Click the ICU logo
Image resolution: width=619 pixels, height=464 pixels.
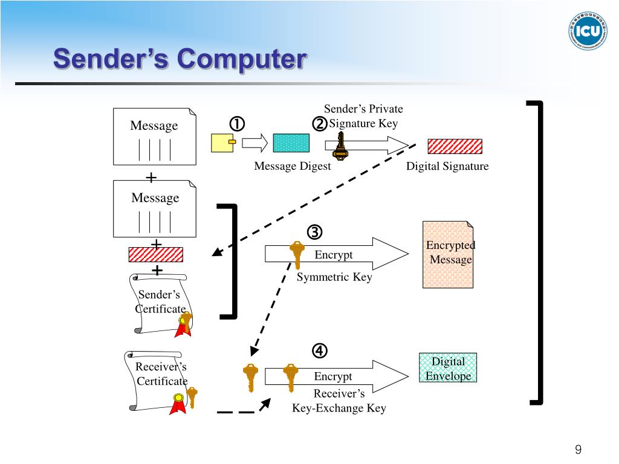pos(588,31)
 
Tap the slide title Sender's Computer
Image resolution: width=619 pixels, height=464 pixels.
pos(180,59)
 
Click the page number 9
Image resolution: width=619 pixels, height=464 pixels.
pos(578,449)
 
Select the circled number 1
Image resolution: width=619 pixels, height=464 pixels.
pos(237,124)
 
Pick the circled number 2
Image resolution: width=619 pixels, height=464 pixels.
pos(320,124)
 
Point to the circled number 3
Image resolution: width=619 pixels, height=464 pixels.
pos(314,232)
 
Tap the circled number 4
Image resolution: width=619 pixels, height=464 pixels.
pos(320,351)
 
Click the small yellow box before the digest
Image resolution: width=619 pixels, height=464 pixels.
pos(223,143)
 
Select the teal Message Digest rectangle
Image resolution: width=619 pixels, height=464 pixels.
pos(291,143)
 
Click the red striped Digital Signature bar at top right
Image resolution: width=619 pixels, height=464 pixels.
pos(455,146)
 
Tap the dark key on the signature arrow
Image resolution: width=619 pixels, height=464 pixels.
pos(340,146)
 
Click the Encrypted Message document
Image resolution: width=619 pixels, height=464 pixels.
pos(448,254)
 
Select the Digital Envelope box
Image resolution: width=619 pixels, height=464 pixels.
pos(448,368)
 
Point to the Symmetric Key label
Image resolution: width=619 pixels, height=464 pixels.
pos(334,277)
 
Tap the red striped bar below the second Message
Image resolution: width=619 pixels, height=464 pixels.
pos(156,254)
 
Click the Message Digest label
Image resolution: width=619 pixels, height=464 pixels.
pos(293,166)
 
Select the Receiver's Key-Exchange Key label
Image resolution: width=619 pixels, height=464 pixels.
pos(339,401)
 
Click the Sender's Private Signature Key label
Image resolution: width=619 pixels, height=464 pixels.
pos(363,116)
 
